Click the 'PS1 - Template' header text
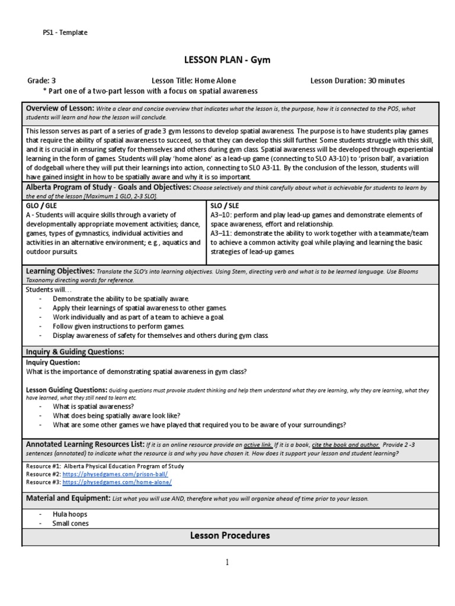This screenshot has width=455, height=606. tap(65, 33)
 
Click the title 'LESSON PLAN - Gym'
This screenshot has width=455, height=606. tap(228, 60)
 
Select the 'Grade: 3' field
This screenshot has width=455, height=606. tap(41, 80)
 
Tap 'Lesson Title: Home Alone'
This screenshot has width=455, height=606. tap(193, 80)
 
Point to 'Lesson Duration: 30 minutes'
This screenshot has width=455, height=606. tap(357, 80)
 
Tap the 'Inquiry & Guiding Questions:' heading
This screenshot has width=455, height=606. tap(75, 352)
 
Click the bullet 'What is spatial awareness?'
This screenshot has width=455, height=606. tap(92, 407)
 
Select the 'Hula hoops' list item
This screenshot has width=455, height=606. tap(69, 515)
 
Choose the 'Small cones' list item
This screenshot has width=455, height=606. tap(71, 523)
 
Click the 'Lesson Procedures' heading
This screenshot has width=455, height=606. tap(230, 536)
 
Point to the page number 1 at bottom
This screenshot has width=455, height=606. tap(227, 562)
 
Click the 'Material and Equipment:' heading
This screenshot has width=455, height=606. tap(67, 498)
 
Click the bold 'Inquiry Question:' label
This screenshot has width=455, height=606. tap(53, 362)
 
